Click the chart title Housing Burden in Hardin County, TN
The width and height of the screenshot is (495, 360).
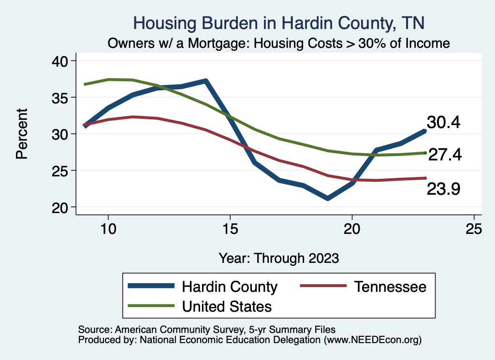click(x=279, y=23)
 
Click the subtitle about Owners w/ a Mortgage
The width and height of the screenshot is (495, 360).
click(x=279, y=43)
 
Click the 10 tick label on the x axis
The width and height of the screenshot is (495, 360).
click(x=108, y=229)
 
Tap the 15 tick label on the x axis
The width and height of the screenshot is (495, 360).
click(x=230, y=229)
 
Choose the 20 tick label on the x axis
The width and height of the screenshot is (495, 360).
click(x=352, y=229)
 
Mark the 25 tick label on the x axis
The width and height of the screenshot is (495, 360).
click(x=474, y=229)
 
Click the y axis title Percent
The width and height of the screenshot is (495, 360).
click(x=21, y=134)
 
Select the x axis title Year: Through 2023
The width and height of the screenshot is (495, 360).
click(x=279, y=258)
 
